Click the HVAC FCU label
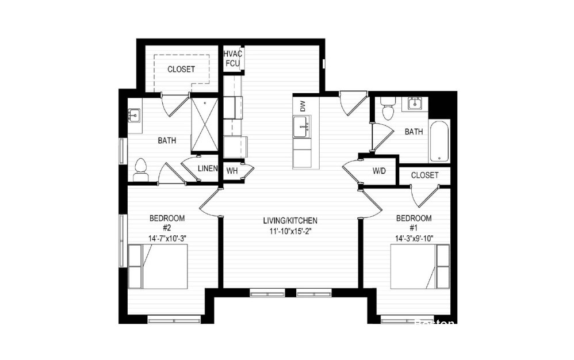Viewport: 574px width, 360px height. point(233,58)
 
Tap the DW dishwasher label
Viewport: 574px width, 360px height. point(302,106)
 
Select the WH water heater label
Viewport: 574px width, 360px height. point(232,171)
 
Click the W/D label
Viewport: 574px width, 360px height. point(378,171)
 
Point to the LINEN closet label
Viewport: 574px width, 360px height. point(208,168)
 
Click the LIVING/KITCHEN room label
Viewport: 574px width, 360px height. point(290,220)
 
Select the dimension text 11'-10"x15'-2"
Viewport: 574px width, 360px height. point(290,232)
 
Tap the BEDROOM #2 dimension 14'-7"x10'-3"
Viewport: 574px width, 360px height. point(167,238)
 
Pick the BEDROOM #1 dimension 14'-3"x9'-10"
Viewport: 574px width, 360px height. point(414,238)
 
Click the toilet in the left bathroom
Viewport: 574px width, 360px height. point(140,170)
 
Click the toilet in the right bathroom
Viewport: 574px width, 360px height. point(388,108)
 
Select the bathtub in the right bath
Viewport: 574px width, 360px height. point(440,141)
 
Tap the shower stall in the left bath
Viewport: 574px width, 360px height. point(204,125)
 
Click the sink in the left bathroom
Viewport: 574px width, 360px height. point(133,116)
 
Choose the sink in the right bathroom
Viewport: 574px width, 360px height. point(414,104)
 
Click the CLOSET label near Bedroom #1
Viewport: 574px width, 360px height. point(425,175)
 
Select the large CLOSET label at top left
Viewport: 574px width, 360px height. point(181,69)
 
